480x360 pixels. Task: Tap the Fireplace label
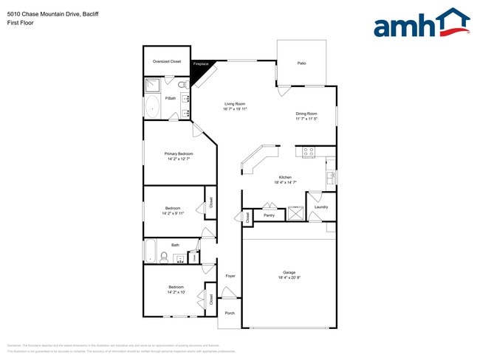pyautogui.click(x=200, y=64)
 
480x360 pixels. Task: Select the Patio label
pyautogui.click(x=301, y=63)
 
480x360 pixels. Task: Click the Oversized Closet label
pyautogui.click(x=166, y=61)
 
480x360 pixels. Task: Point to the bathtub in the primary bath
pyautogui.click(x=153, y=108)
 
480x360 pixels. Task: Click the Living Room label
pyautogui.click(x=235, y=104)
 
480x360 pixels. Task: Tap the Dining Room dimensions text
pyautogui.click(x=306, y=119)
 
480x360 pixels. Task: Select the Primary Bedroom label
pyautogui.click(x=179, y=153)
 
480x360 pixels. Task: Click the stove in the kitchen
pyautogui.click(x=308, y=152)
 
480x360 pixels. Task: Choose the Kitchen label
pyautogui.click(x=285, y=177)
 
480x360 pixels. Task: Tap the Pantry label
pyautogui.click(x=269, y=215)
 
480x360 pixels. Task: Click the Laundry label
pyautogui.click(x=320, y=207)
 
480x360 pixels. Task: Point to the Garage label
pyautogui.click(x=289, y=272)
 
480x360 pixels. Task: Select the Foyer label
pyautogui.click(x=230, y=276)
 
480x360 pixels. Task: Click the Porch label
pyautogui.click(x=230, y=313)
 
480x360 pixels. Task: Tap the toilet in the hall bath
pyautogui.click(x=164, y=257)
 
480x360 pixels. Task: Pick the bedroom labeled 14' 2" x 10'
pyautogui.click(x=176, y=289)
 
